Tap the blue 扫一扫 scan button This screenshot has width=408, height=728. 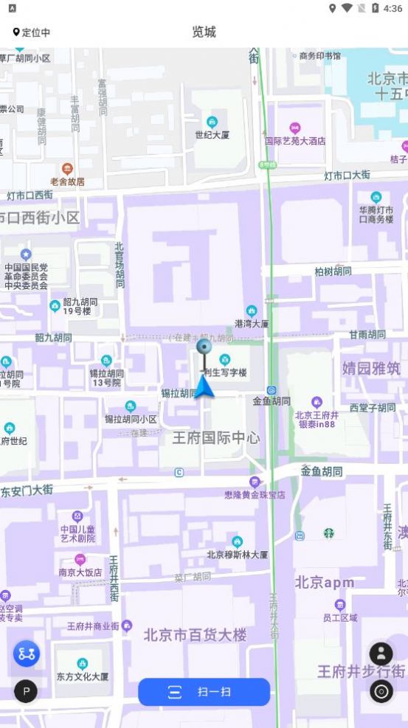(x=204, y=692)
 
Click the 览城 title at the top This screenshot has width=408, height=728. (x=204, y=32)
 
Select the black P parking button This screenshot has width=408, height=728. (x=26, y=691)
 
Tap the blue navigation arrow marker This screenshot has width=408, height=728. (x=204, y=386)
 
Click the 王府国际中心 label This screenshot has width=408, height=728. (x=216, y=437)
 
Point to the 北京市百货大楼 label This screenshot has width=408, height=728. (x=195, y=634)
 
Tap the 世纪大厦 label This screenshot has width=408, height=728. (x=212, y=135)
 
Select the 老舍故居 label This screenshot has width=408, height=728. (x=67, y=181)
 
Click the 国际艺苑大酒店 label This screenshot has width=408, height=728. (x=295, y=140)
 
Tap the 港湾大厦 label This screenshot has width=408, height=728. (x=252, y=323)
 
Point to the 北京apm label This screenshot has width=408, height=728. (x=325, y=583)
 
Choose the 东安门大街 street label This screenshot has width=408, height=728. (x=27, y=490)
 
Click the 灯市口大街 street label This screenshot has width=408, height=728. (x=347, y=176)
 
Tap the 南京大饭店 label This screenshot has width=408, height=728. (x=80, y=572)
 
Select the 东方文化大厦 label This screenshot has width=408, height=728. (x=82, y=676)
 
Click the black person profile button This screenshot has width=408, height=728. (x=381, y=654)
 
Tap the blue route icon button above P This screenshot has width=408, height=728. (x=27, y=654)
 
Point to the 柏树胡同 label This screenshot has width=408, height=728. (x=333, y=271)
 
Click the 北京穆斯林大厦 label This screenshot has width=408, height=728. (x=237, y=554)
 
